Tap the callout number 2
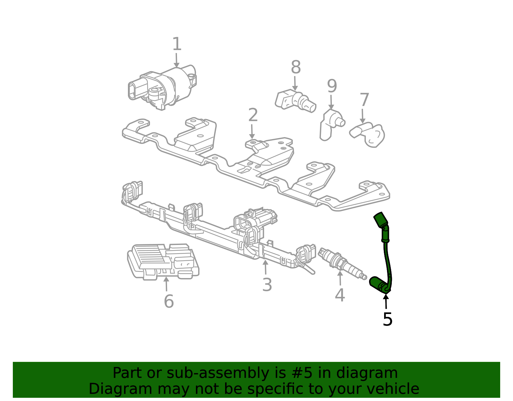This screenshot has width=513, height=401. click(x=253, y=115)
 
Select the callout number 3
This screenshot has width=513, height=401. click(x=267, y=285)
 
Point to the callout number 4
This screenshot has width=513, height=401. click(x=340, y=295)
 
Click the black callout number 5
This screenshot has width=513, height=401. click(x=387, y=319)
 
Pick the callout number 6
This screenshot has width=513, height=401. click(x=169, y=301)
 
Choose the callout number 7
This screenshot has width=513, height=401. click(x=364, y=100)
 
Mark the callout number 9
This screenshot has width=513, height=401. click(x=332, y=86)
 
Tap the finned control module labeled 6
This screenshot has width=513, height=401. click(x=163, y=262)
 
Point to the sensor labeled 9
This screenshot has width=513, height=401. click(x=332, y=125)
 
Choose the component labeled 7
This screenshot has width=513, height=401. click(x=367, y=134)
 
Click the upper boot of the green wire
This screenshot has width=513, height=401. click(x=381, y=221)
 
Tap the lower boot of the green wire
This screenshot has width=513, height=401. click(x=379, y=285)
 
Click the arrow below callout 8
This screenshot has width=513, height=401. click(x=295, y=83)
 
